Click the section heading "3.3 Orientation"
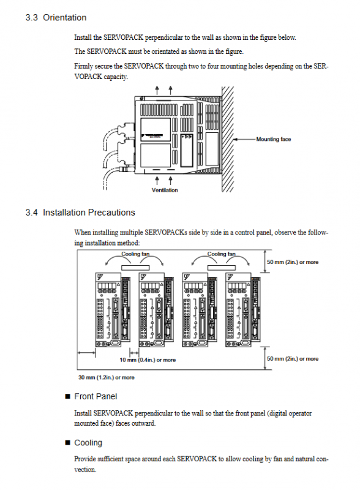point(56,18)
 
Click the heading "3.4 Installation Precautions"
point(80,213)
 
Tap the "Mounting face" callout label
point(274,139)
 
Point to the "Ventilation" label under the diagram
point(165,190)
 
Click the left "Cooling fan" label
point(135,254)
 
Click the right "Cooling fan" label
point(222,254)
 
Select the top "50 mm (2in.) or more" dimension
point(293,262)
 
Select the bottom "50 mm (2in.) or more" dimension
point(293,359)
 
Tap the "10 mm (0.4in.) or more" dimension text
point(148,360)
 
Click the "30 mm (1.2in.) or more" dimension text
point(107,377)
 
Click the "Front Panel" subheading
point(96,396)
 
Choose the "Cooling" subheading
point(88,443)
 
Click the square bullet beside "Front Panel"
point(67,396)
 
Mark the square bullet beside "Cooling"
point(67,442)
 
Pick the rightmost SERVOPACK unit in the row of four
point(243,309)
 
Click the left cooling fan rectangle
point(135,268)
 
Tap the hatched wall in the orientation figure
point(228,139)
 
